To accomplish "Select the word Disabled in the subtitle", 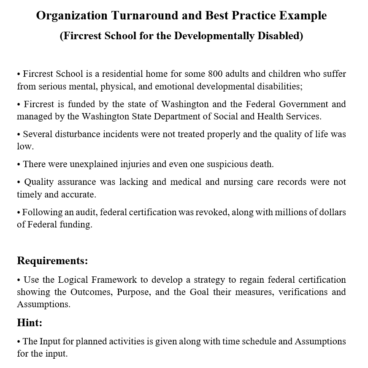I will (281, 36).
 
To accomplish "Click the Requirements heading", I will (52, 261).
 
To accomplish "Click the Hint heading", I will (30, 323).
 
